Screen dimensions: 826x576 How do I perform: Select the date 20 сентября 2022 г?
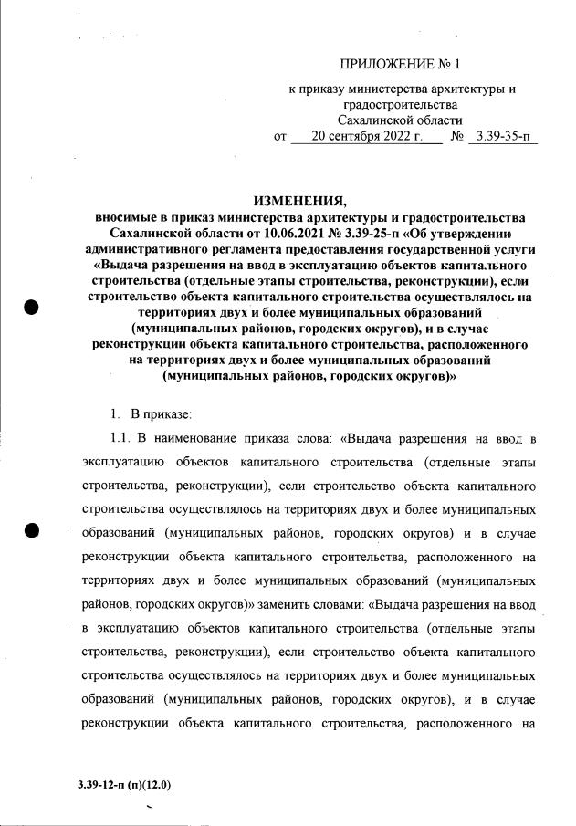click(x=363, y=137)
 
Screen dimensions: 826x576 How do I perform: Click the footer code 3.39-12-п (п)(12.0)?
click(x=124, y=784)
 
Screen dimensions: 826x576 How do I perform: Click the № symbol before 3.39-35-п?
click(x=457, y=137)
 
